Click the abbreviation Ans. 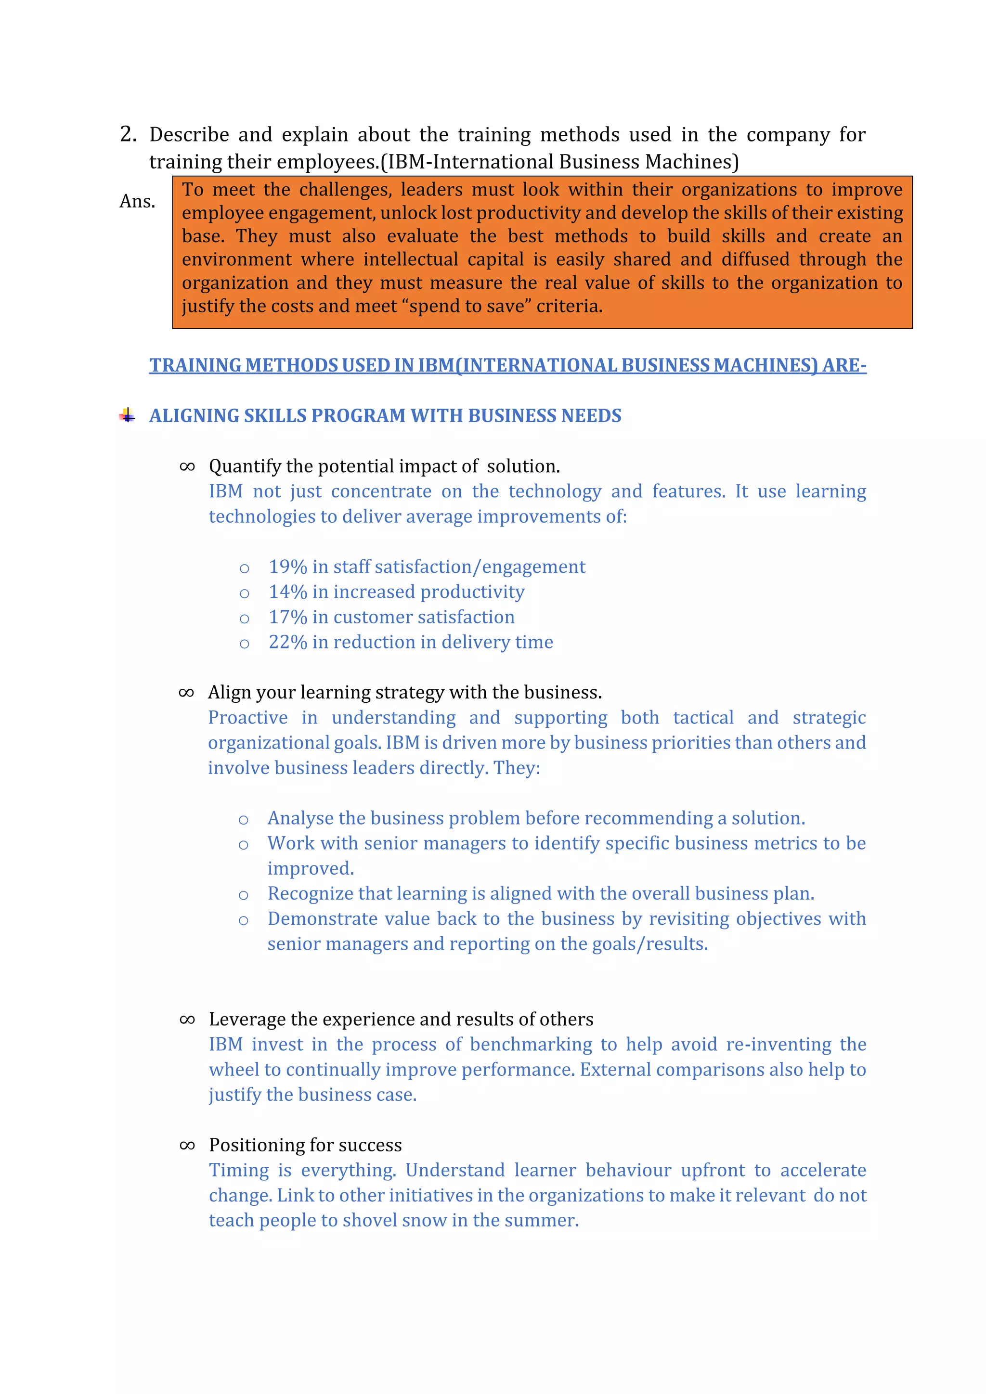137,201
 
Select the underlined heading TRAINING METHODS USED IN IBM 507,365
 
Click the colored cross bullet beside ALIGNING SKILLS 127,415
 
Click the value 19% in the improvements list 288,567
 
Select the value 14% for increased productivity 288,592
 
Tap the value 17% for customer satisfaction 288,617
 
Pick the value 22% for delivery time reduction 288,642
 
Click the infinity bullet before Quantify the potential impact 187,466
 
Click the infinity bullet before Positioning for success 187,1145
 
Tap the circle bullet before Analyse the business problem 244,820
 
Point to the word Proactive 248,718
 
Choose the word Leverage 247,1020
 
